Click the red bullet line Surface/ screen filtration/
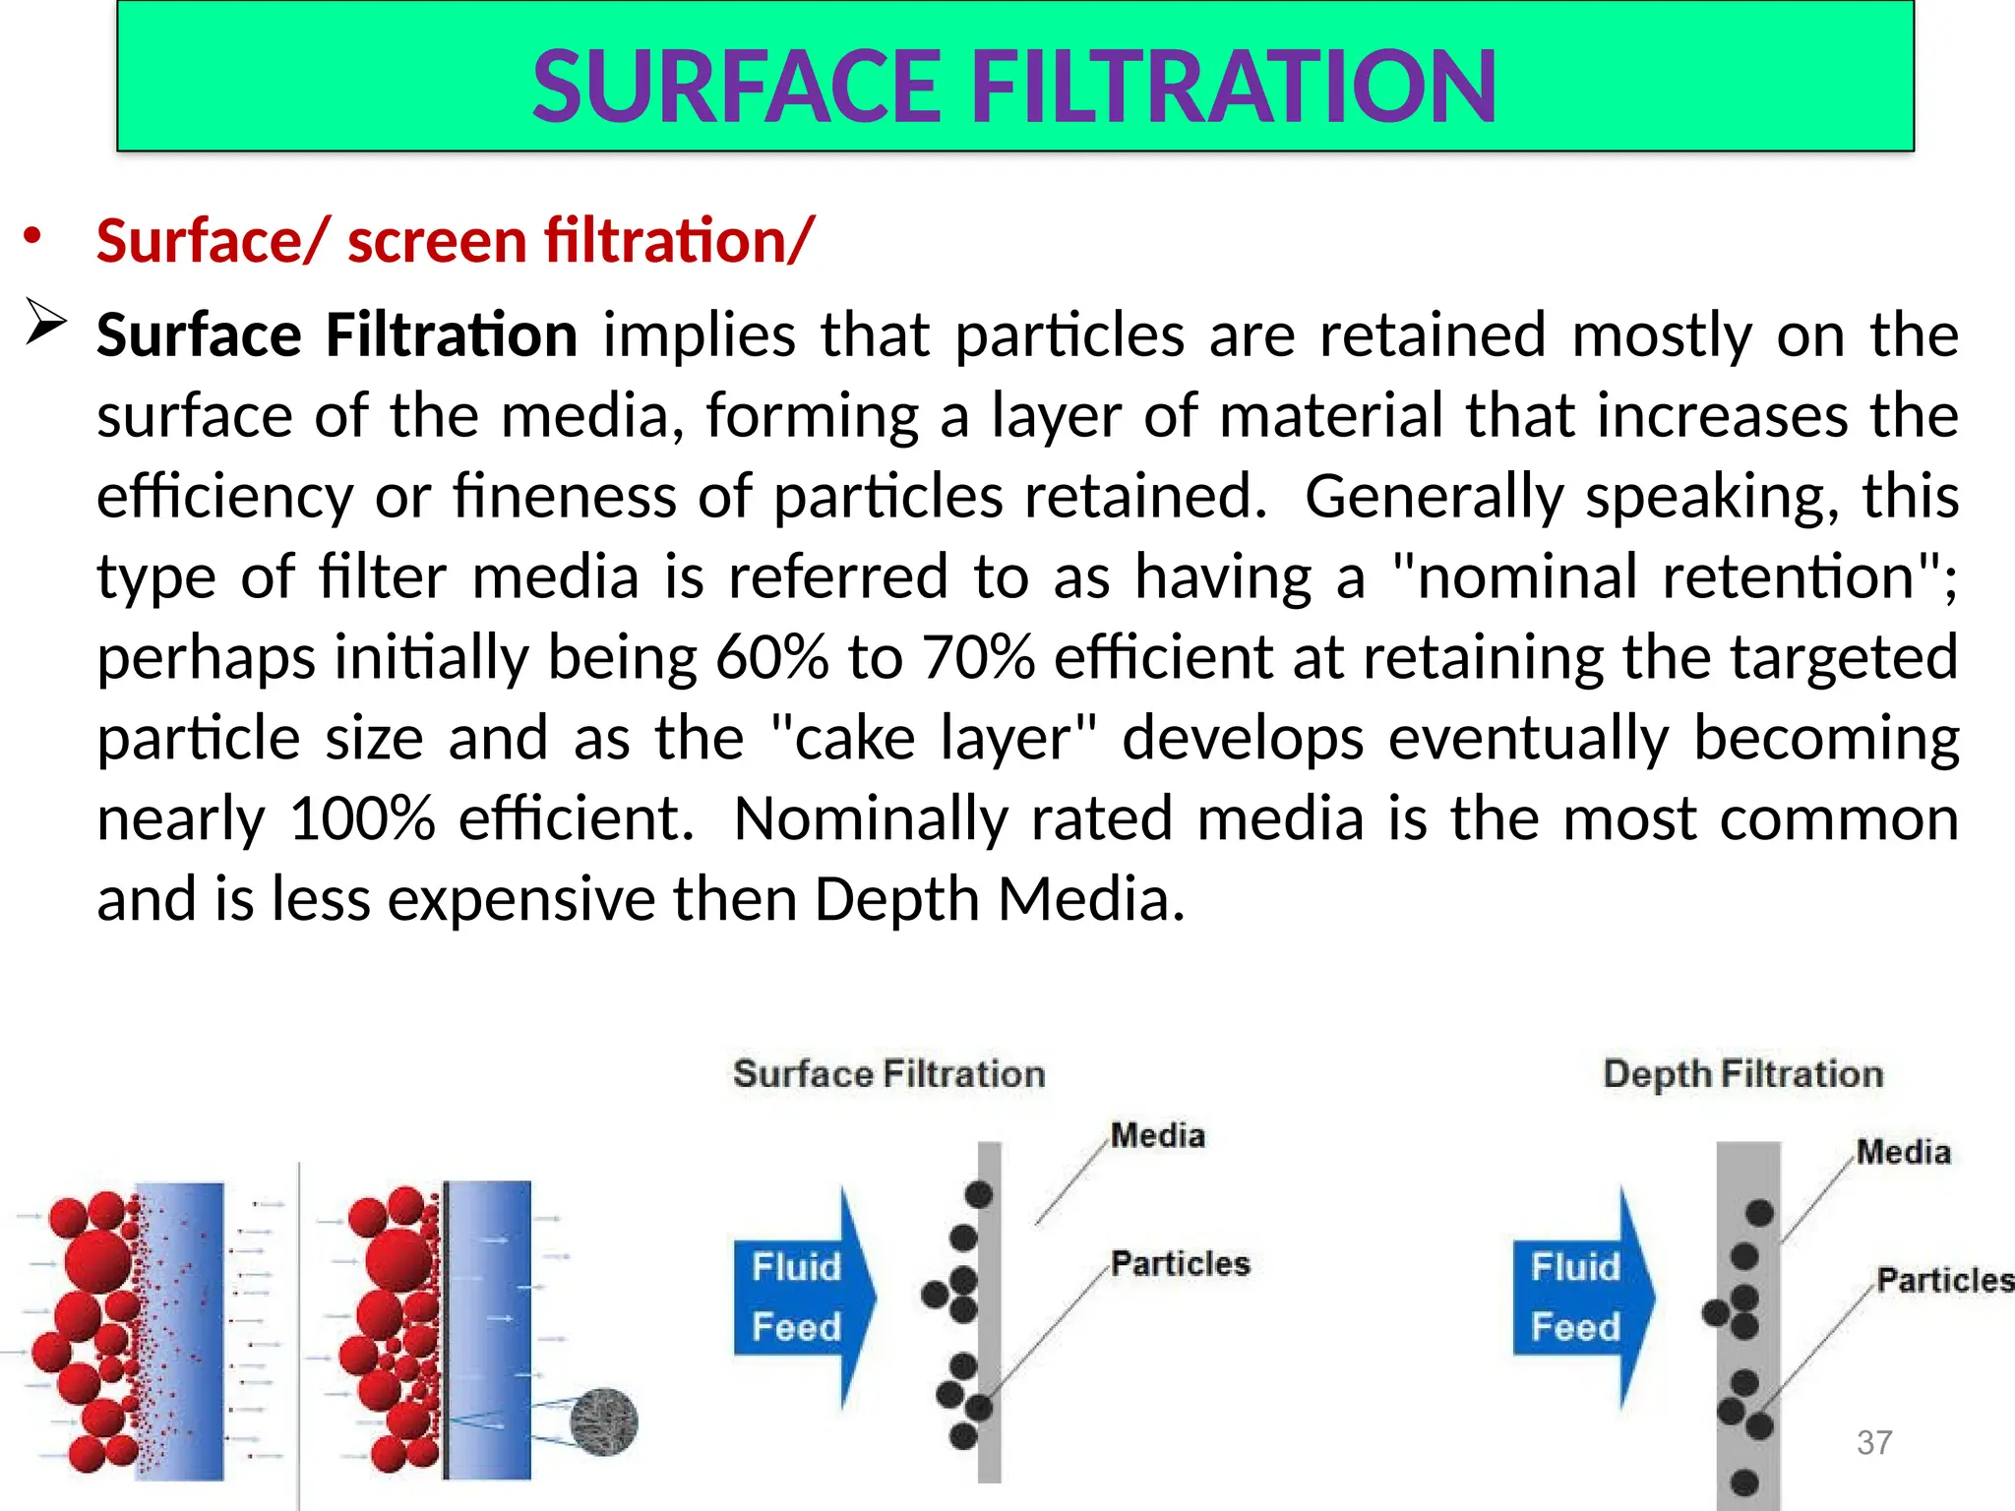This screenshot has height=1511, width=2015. point(455,242)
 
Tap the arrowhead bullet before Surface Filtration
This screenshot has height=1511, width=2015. point(45,323)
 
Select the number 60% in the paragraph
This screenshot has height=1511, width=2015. point(772,658)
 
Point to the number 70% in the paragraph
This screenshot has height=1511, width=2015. point(978,658)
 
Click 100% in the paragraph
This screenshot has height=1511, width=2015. point(362,819)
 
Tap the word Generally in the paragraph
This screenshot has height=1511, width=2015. point(1434,497)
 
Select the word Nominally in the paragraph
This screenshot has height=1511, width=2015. point(870,819)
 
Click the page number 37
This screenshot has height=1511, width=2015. point(1874,1443)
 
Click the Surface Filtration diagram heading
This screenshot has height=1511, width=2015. point(888,1074)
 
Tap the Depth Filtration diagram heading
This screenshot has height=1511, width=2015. point(1742,1074)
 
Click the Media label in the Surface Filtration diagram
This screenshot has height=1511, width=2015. point(1158,1136)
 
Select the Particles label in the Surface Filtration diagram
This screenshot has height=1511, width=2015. point(1180,1264)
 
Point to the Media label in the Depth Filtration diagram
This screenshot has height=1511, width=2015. point(1903,1152)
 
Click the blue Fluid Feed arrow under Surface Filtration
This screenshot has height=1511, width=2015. point(803,1297)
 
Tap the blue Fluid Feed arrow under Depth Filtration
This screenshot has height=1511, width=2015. point(1582,1297)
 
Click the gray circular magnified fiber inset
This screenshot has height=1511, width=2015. point(604,1421)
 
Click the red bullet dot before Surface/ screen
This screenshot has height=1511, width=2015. point(33,235)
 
